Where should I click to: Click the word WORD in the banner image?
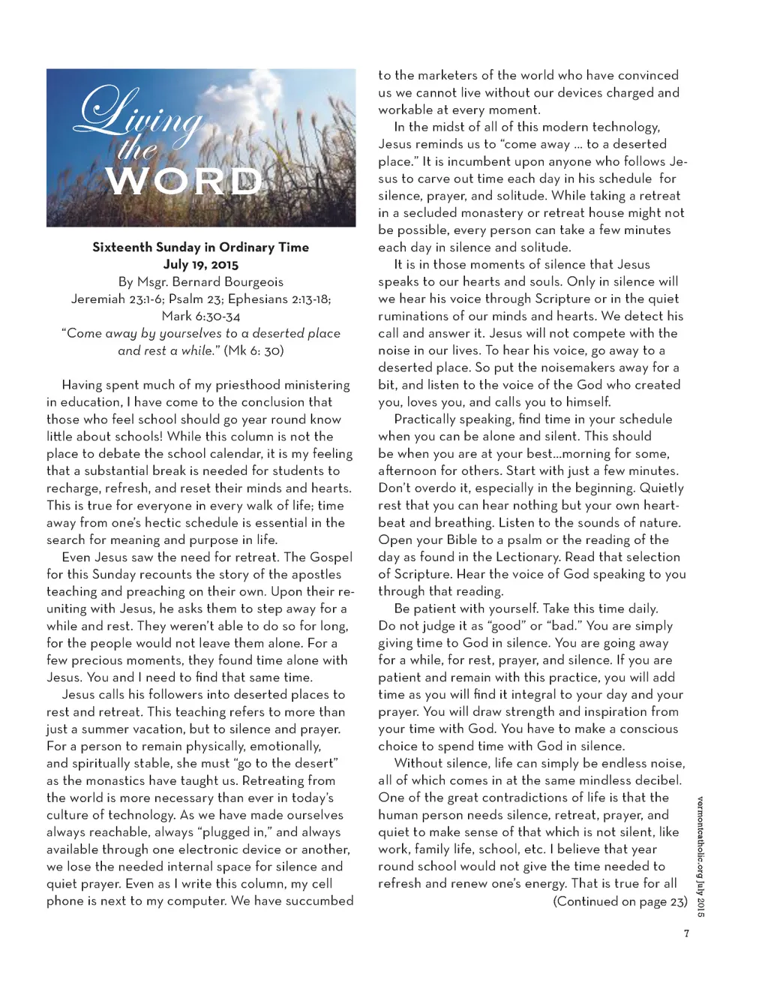[x=184, y=182]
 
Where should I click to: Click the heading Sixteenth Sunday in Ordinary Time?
[x=200, y=247]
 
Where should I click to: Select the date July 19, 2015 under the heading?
[x=200, y=264]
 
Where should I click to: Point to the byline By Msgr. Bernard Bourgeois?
[x=200, y=282]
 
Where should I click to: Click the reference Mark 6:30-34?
[x=200, y=316]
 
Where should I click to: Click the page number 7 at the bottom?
[x=685, y=934]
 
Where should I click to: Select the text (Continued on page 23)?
[x=619, y=901]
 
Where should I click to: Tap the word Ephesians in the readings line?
[x=259, y=299]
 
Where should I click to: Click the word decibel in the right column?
[x=655, y=780]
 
